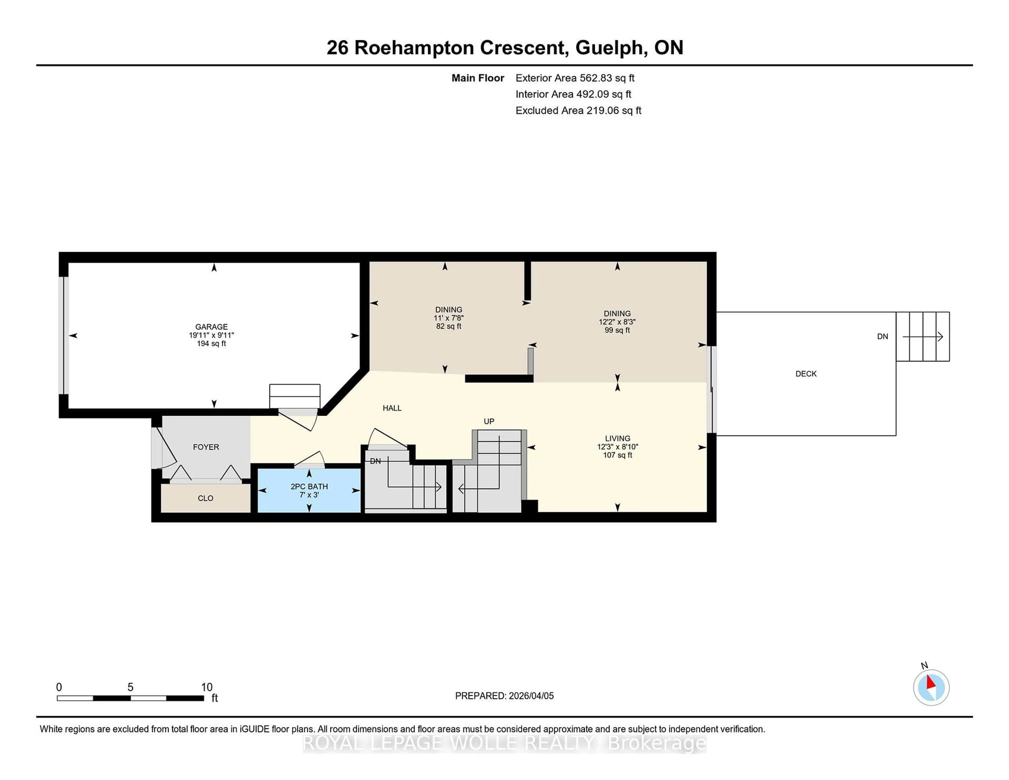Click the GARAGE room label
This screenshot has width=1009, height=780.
coord(211,327)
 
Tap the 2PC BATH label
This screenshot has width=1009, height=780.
coord(309,486)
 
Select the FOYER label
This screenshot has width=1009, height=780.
coord(205,447)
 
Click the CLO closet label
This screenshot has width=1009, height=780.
coord(205,498)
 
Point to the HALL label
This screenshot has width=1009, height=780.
coord(392,408)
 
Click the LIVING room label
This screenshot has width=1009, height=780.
coord(617,438)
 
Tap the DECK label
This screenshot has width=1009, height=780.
coord(806,374)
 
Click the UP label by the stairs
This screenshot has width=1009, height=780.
coord(489,421)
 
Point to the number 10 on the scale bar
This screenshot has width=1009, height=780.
coord(207,687)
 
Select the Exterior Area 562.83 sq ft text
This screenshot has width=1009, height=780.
coord(575,78)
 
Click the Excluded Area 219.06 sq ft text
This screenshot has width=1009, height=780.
coord(578,110)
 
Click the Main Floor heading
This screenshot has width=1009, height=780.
coord(477,78)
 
